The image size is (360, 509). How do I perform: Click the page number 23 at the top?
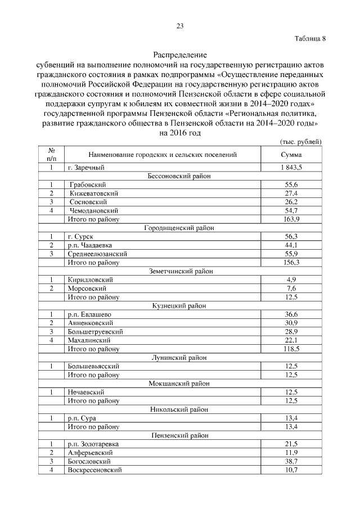click(180, 26)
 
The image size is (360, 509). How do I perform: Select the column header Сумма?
click(291, 155)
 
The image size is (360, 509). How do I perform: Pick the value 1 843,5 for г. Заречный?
click(291, 168)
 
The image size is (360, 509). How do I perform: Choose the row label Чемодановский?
click(93, 210)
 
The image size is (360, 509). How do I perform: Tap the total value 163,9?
click(291, 219)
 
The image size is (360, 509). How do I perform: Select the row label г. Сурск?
click(79, 236)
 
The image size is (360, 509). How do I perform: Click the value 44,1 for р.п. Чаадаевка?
click(291, 245)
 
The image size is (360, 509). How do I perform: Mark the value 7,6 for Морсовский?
click(291, 289)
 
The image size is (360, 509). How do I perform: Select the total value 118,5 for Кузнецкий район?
click(291, 349)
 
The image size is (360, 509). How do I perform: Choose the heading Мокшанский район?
click(179, 384)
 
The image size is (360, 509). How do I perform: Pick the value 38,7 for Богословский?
click(291, 461)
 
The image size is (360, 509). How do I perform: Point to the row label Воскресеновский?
click(94, 470)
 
